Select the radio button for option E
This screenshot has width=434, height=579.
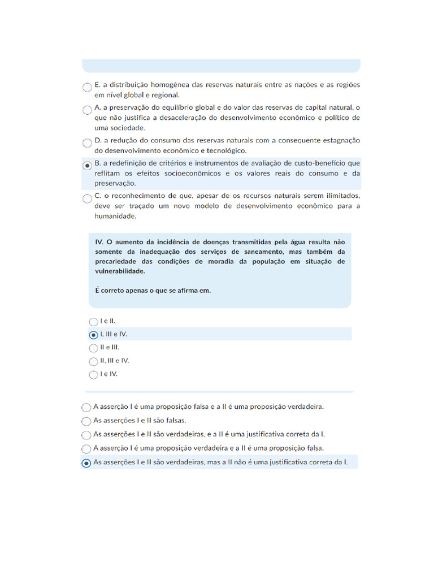tap(86, 87)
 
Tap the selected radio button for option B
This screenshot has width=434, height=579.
tap(86, 165)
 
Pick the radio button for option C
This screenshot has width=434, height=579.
tap(86, 198)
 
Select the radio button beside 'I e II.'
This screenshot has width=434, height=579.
tap(93, 321)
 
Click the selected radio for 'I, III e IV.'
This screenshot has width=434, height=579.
tap(93, 334)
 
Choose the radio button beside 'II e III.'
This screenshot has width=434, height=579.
tap(93, 348)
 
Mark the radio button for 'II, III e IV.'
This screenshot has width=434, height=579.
tap(93, 361)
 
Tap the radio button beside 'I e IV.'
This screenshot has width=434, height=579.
tap(93, 374)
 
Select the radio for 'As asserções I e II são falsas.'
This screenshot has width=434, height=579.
tap(86, 421)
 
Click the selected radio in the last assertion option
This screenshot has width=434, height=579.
tap(86, 463)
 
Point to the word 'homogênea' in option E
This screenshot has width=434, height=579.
tap(168, 85)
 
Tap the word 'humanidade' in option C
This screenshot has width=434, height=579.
tap(115, 216)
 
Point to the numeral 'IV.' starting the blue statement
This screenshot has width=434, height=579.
tap(99, 241)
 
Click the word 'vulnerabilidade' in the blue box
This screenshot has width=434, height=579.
tap(120, 271)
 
